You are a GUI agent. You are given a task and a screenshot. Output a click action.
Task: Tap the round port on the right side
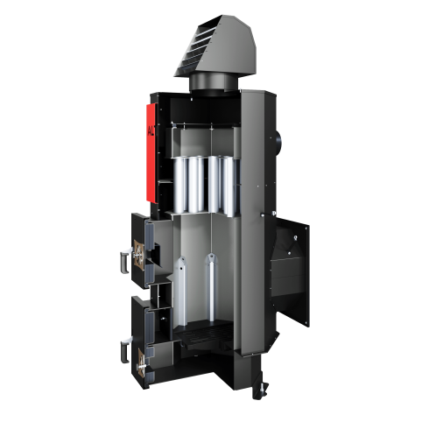(x=278, y=138)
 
